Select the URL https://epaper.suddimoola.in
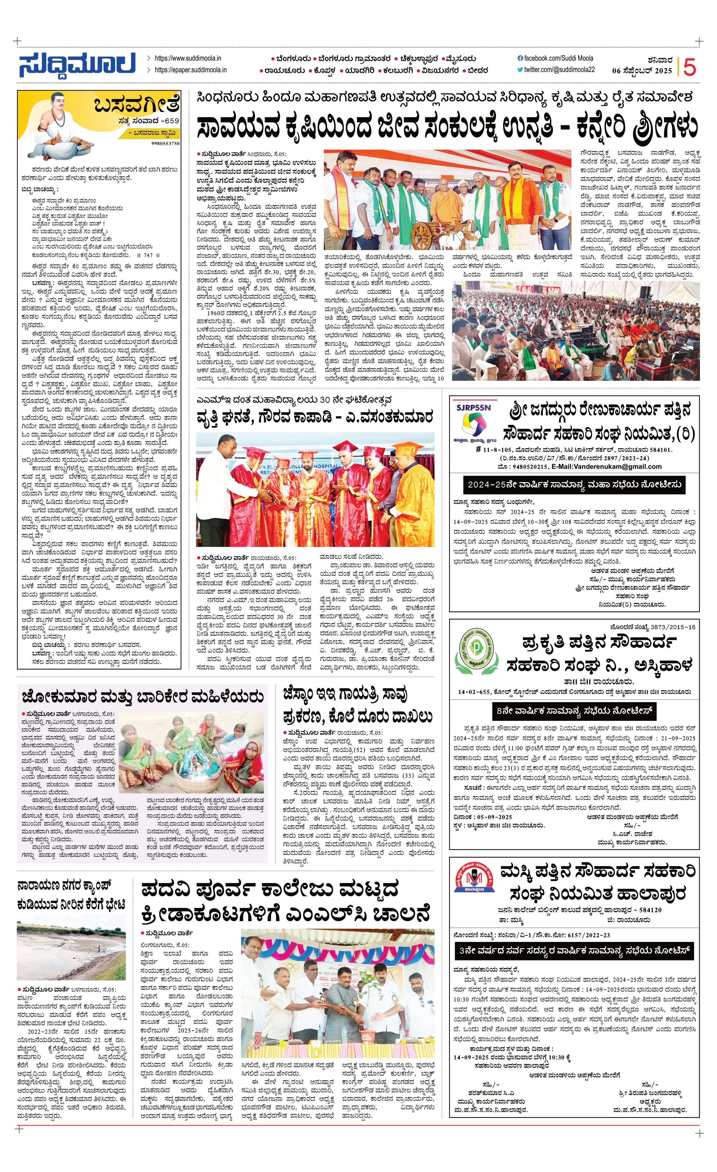[x=190, y=70]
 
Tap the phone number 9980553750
[x=166, y=143]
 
